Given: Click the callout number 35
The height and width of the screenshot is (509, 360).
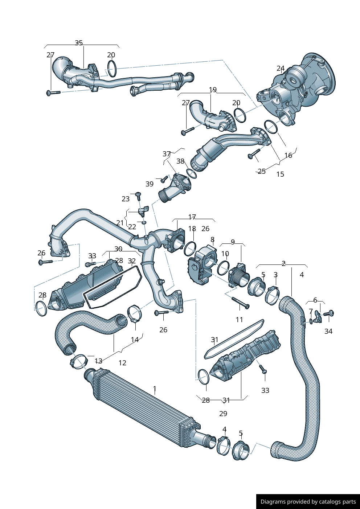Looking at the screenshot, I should click(x=79, y=43).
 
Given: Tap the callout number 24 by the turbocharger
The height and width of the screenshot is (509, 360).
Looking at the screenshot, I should click(x=280, y=68).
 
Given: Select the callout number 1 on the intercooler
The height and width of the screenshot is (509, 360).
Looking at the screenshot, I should click(x=155, y=389).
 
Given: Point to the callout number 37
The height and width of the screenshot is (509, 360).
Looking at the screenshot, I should click(x=167, y=154).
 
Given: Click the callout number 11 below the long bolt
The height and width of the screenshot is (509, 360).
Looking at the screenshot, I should click(x=239, y=320).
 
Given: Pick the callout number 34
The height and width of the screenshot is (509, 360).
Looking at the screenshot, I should click(x=328, y=331).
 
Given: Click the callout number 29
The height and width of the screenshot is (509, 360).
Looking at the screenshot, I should click(x=223, y=414).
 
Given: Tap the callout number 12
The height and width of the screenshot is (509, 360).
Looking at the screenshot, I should click(x=122, y=363).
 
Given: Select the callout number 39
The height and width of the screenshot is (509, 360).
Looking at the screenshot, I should click(x=150, y=184).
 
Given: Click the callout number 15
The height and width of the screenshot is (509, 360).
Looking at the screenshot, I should click(x=280, y=174).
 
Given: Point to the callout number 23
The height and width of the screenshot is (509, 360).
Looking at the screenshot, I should click(x=126, y=199).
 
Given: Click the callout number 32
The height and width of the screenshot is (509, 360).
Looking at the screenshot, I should click(x=132, y=261).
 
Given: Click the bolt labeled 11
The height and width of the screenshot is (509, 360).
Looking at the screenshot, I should click(x=240, y=303).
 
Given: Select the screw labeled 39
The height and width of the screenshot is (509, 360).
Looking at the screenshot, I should click(x=164, y=178).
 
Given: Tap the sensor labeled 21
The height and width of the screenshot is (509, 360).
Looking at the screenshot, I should click(x=144, y=210).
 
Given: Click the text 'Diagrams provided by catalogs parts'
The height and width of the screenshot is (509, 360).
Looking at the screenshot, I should click(x=308, y=502).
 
